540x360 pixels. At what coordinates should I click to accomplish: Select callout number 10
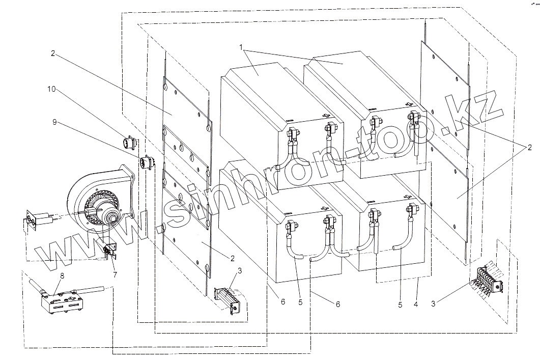[51, 90]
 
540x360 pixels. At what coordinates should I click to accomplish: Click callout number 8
[62, 276]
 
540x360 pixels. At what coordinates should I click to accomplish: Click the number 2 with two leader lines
[529, 148]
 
